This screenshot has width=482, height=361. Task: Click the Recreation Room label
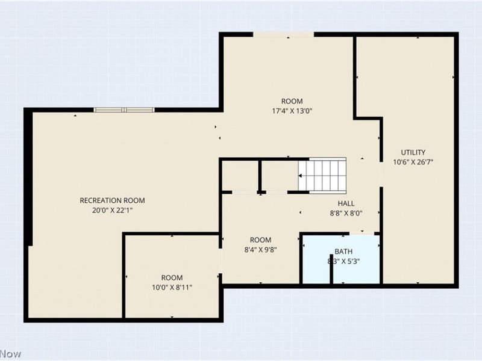point(112,200)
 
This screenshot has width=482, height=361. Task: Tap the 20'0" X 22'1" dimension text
point(112,210)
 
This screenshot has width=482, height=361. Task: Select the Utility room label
point(413,152)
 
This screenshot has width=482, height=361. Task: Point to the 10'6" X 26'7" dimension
point(413,162)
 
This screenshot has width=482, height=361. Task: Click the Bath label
point(343,251)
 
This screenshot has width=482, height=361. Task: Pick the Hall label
point(346,203)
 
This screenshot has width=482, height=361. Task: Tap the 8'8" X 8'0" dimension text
point(346,213)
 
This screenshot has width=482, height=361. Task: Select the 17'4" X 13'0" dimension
point(292,111)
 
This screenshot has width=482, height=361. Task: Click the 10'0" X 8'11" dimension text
point(172,287)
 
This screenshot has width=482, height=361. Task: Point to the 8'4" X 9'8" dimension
point(260,249)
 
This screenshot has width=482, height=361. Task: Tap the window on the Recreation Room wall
point(124,110)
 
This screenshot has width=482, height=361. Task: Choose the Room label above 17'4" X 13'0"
point(292,101)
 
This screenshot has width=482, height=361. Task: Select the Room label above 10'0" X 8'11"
point(172,277)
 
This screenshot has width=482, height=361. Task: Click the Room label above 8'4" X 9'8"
point(260,239)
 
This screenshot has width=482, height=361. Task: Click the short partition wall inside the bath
point(332,272)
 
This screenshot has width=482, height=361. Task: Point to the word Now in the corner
point(10,354)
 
